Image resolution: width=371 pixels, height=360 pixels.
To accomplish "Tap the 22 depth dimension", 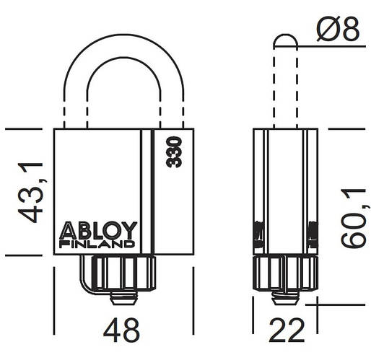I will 286,330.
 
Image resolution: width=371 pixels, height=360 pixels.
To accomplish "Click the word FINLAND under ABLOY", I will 97,244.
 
